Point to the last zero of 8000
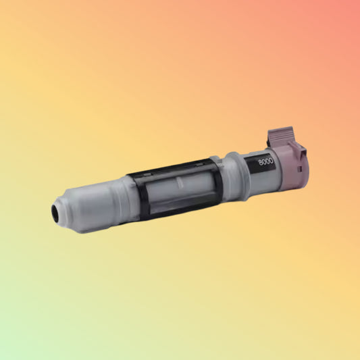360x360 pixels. (274, 161)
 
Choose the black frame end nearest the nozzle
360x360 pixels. (137, 197)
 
